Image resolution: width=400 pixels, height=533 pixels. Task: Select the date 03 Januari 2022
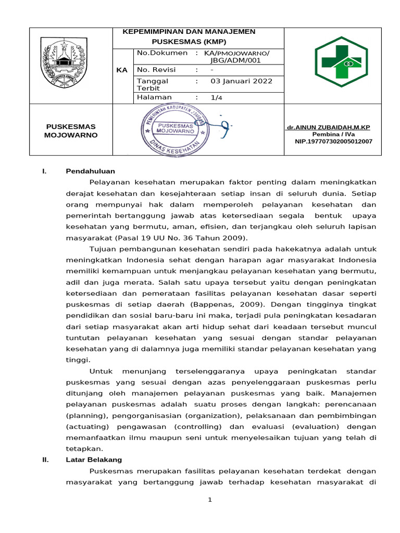pos(241,81)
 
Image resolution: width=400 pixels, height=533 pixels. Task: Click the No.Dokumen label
pos(161,53)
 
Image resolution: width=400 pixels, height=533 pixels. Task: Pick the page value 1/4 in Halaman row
pos(216,97)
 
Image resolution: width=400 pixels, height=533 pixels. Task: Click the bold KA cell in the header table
pos(122,70)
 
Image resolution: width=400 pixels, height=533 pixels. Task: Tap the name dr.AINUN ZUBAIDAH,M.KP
pos(329,128)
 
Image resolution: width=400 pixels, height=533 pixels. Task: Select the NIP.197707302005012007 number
pos(333,141)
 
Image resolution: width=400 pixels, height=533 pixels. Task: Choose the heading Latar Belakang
pos(94,460)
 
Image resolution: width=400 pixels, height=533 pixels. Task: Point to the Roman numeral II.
pos(45,460)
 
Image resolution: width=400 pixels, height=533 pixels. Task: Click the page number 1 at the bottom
pos(209,500)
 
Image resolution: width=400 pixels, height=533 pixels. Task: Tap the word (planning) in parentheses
pos(83,416)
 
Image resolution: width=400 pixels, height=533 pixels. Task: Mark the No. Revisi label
pos(156,70)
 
